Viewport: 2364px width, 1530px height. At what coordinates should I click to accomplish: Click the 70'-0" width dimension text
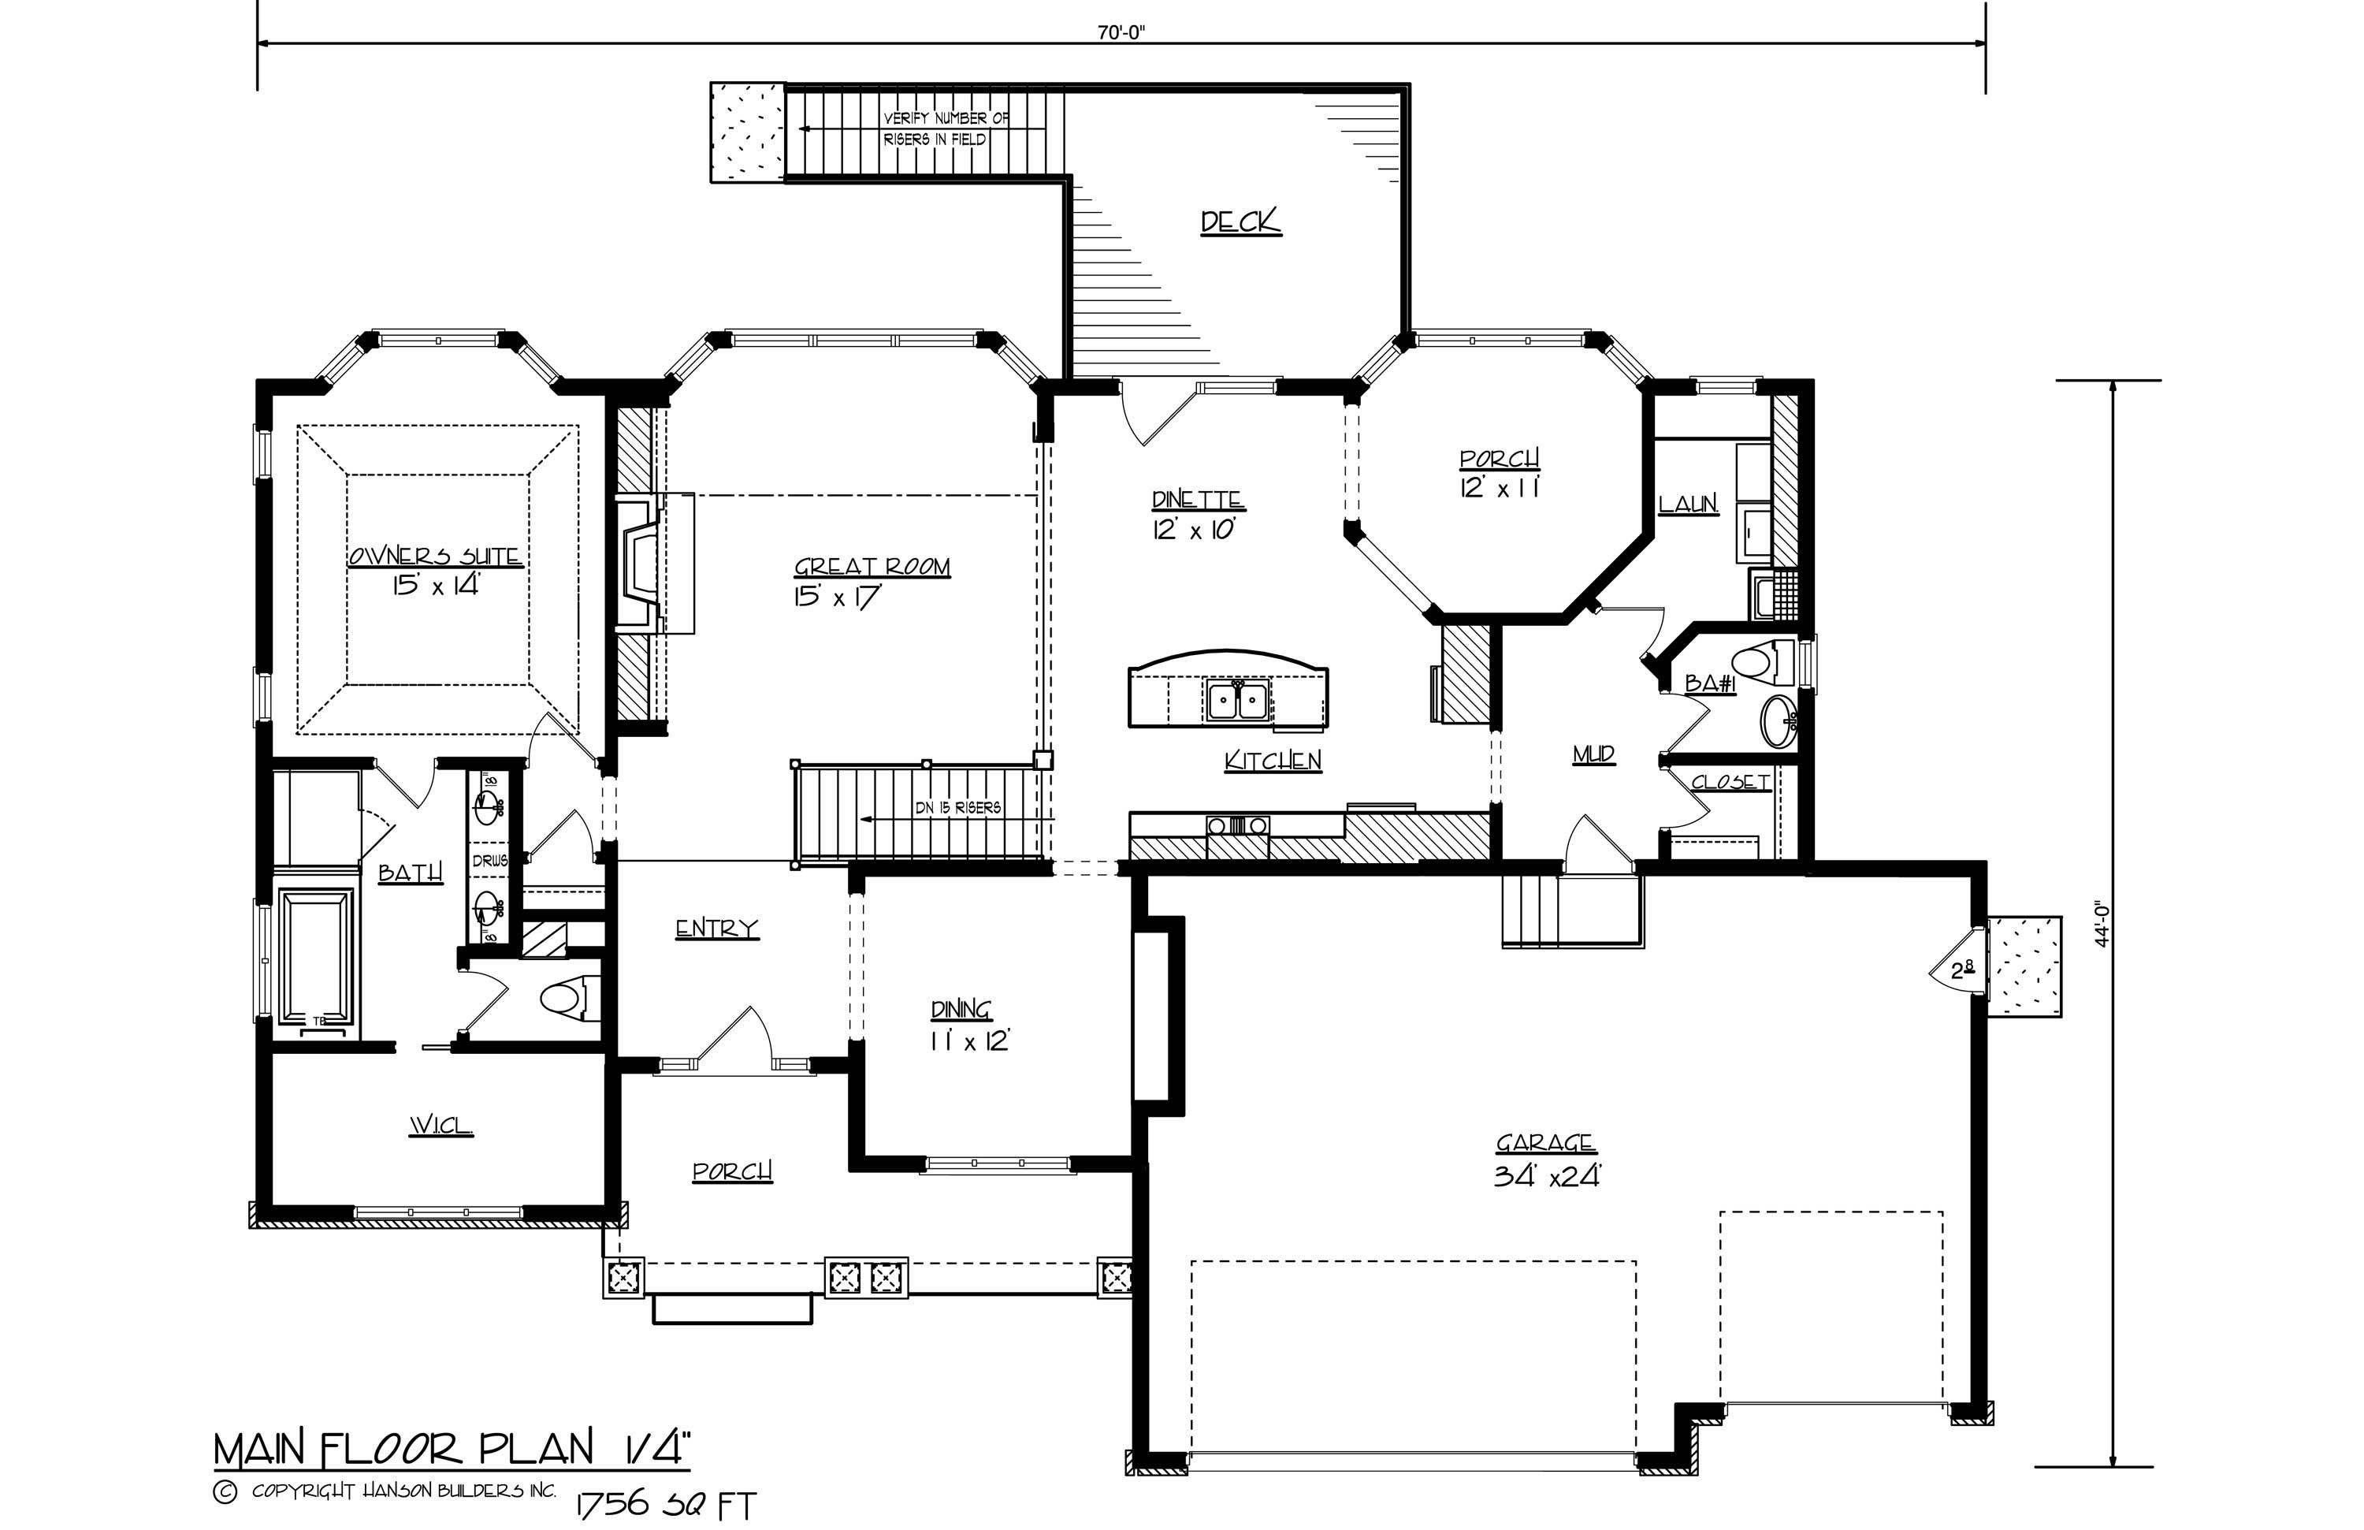1121,31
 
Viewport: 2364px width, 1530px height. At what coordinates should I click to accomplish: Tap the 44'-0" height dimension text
2100,924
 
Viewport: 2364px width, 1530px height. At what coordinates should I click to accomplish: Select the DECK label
1240,221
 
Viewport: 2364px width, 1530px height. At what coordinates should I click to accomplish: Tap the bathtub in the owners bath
317,955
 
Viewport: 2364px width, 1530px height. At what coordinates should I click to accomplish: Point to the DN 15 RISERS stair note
957,808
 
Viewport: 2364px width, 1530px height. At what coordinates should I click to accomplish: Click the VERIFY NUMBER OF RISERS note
946,129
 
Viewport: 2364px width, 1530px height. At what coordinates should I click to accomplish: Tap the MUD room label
1593,756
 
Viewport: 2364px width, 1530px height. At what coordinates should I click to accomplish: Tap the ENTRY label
716,928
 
